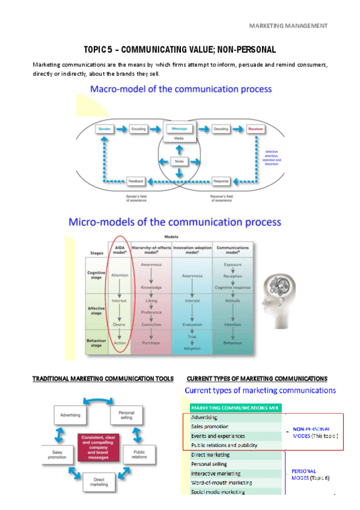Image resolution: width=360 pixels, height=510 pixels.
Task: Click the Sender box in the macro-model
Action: coord(105,129)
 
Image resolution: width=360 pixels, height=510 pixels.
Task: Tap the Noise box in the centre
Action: coord(178,161)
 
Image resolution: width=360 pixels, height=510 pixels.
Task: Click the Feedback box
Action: coord(136,180)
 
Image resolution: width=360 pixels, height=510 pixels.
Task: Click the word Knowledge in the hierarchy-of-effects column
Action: coord(151,287)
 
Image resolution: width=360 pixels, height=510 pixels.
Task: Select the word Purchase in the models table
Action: coord(151,343)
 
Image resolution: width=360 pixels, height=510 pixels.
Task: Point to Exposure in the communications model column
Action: coord(233,264)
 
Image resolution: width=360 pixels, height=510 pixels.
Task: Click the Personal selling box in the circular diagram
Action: coord(126,415)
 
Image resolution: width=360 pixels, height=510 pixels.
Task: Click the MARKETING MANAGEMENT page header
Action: coord(288,25)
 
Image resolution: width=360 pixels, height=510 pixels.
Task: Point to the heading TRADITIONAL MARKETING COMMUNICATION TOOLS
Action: coord(102,378)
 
